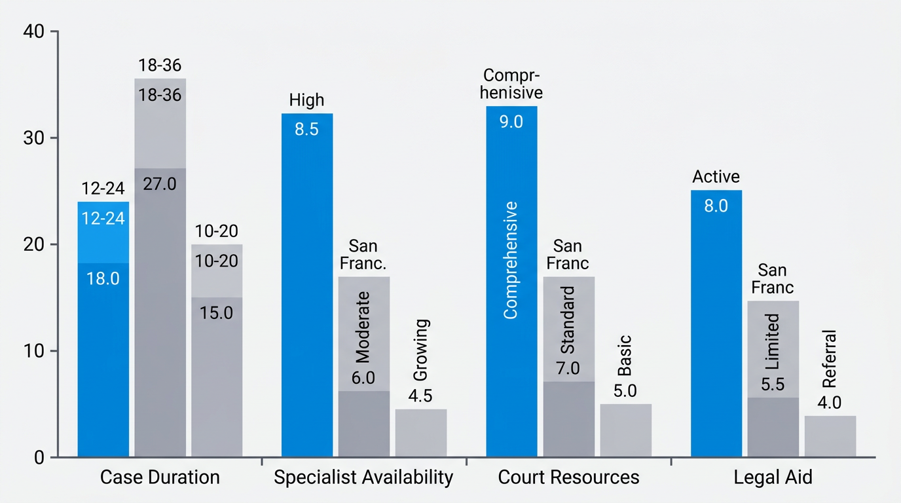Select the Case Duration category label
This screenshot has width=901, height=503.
(x=160, y=477)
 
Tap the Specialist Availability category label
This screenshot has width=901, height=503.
(x=363, y=477)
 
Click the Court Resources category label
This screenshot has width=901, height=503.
(x=568, y=477)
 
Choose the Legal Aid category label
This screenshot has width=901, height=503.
(x=773, y=477)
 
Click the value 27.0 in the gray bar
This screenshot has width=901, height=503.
(x=160, y=183)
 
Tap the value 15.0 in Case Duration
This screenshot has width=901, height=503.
(x=217, y=312)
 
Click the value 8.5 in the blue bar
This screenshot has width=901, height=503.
(x=306, y=129)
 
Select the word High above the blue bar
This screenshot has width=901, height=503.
(x=306, y=100)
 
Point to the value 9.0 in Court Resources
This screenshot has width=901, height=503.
(x=511, y=121)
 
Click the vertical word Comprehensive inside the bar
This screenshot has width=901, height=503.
(x=511, y=260)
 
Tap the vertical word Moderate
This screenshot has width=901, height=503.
(x=363, y=326)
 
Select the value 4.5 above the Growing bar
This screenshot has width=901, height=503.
(x=420, y=396)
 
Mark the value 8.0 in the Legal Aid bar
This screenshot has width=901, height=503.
(x=716, y=206)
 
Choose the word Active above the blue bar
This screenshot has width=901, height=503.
(x=716, y=177)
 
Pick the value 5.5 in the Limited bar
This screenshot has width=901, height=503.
(x=773, y=385)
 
